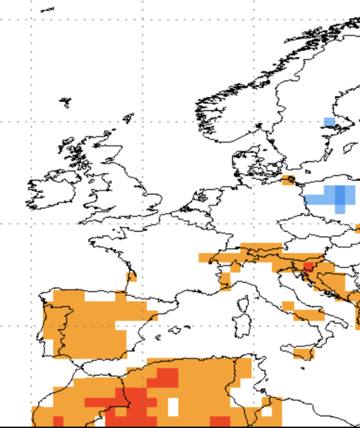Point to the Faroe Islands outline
point(65,102)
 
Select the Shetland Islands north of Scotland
point(128,118)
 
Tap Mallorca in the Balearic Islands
point(176,330)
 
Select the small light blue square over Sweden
point(329,122)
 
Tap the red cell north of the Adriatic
point(308,266)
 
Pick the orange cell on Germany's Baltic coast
point(288,180)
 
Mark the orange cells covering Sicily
point(303,352)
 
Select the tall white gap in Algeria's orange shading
point(173,406)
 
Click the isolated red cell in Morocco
point(58,421)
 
